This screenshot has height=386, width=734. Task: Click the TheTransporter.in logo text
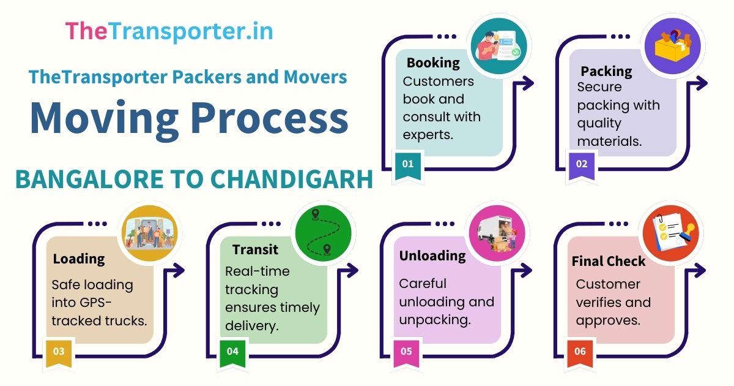169,31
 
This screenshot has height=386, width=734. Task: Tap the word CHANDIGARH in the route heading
292,180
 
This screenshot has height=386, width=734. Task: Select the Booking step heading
433,62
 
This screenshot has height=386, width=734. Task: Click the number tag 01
408,164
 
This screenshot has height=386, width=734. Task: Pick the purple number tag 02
582,164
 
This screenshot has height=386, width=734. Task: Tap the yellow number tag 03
59,352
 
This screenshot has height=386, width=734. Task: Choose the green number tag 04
232,352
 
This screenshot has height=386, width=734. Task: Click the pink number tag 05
406,352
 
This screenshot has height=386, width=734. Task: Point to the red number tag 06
580,352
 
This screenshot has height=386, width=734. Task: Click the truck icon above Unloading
496,233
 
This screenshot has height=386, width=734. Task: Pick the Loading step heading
79,259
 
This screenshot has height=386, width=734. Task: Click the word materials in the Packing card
609,142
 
